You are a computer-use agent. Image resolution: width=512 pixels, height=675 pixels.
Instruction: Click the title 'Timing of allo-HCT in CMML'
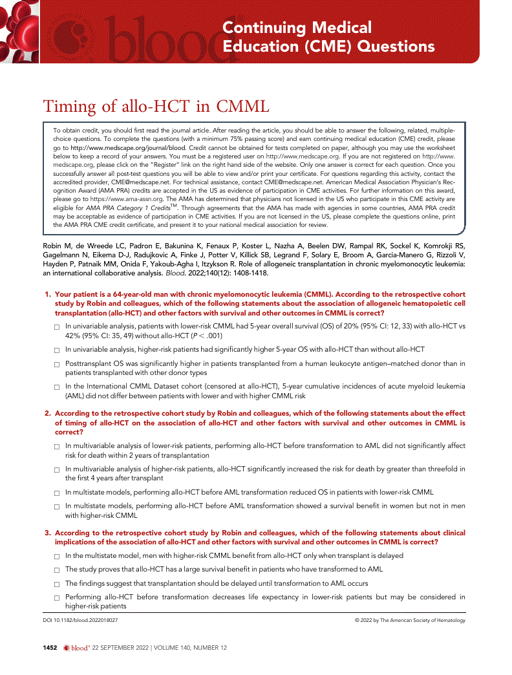click(x=156, y=106)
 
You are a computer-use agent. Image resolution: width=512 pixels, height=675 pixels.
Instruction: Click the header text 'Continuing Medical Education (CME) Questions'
click(x=328, y=37)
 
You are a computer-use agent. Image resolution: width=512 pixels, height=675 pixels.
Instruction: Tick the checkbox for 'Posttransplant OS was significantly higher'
click(x=57, y=365)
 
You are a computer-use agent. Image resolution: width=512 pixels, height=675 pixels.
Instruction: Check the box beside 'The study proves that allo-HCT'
click(x=57, y=570)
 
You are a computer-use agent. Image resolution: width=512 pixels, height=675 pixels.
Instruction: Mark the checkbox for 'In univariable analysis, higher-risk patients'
click(x=57, y=350)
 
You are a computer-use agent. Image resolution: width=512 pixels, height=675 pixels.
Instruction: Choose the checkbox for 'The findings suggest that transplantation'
click(x=57, y=584)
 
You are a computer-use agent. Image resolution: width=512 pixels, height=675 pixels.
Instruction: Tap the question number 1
click(x=48, y=294)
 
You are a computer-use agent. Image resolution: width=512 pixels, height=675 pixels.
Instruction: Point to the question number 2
click(x=48, y=413)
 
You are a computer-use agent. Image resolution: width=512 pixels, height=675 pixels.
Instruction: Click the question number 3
click(x=48, y=533)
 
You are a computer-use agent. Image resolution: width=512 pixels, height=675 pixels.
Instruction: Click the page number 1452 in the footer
click(x=50, y=647)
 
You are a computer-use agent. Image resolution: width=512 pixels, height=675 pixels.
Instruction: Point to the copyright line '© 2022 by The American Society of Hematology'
click(x=410, y=620)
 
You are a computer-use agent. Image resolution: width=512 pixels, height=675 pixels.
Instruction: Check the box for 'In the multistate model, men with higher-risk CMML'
click(x=57, y=556)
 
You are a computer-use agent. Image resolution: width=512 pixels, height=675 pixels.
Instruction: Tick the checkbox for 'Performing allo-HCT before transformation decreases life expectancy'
click(x=57, y=597)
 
